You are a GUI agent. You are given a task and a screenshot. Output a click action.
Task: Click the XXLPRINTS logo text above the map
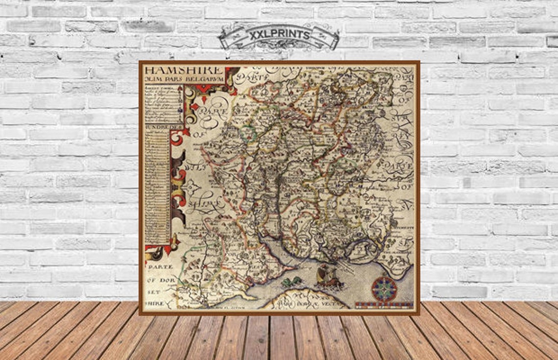279,35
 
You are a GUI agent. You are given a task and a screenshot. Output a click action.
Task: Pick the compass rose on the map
384,288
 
